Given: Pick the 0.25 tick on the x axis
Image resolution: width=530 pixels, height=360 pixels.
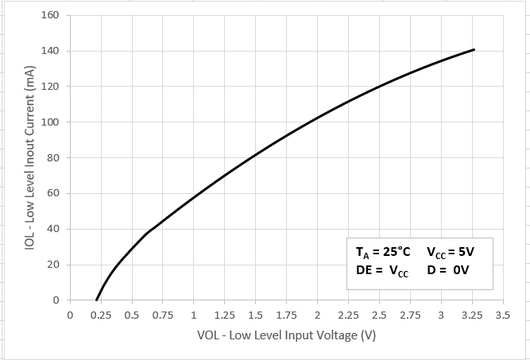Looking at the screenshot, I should [101, 315].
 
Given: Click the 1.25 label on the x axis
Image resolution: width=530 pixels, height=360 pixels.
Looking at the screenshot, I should [224, 315].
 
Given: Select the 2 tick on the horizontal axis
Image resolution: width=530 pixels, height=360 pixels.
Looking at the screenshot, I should [317, 315].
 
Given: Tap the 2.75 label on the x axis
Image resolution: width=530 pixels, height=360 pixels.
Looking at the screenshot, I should [410, 315].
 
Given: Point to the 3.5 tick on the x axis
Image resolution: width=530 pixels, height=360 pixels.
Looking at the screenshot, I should [502, 315].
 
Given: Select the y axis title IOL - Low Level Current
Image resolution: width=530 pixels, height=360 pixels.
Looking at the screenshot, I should [29, 158].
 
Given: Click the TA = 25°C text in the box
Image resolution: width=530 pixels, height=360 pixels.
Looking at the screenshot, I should [383, 253].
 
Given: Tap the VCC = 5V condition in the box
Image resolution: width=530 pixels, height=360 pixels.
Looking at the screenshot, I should [450, 253].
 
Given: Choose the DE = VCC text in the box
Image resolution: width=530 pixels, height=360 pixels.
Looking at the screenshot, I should [382, 271].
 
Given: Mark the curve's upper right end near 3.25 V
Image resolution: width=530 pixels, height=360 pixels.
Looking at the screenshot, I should [474, 50].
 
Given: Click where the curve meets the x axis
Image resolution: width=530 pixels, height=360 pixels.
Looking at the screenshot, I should [97, 300].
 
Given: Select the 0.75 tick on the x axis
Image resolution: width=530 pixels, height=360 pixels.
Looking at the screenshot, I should [163, 315].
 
